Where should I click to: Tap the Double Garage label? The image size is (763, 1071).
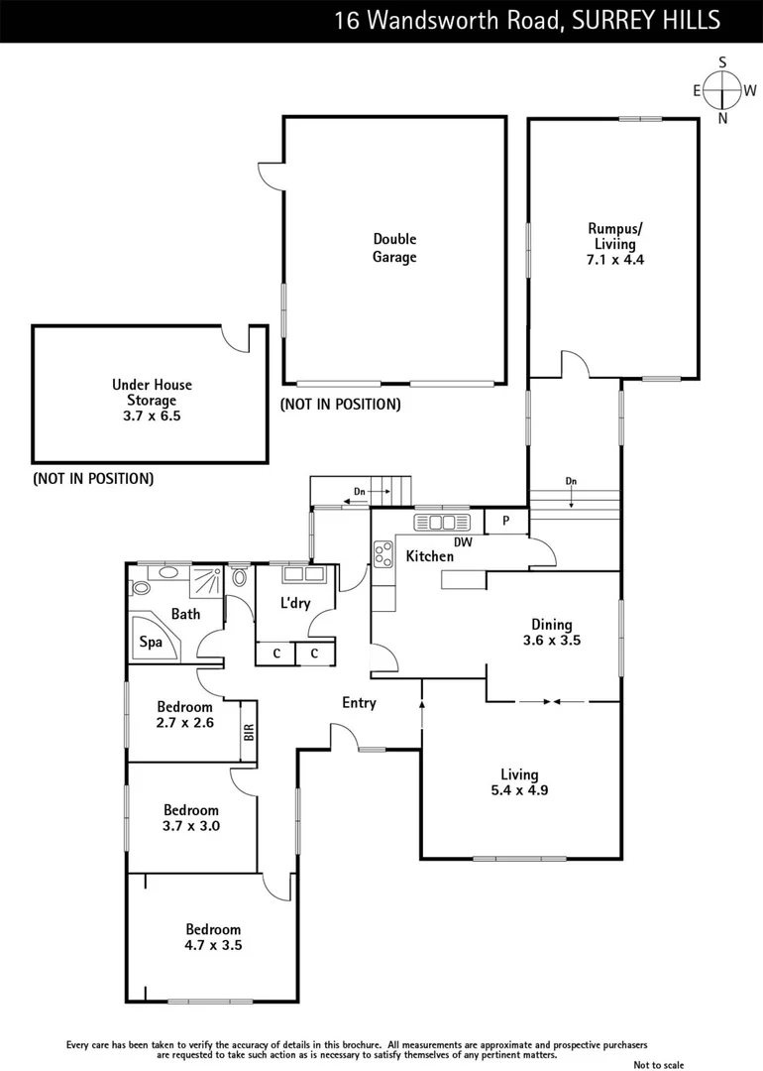click(394, 248)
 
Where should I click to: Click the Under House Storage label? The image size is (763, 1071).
click(152, 401)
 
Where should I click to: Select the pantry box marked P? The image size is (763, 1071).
click(505, 522)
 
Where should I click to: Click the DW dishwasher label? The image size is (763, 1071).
click(463, 542)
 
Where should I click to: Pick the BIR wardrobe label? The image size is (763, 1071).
click(249, 732)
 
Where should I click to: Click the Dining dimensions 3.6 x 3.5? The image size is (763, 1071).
click(552, 641)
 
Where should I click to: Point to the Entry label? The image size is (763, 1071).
click(359, 703)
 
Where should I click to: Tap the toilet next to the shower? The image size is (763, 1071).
click(239, 577)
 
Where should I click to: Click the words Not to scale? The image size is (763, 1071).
click(659, 1065)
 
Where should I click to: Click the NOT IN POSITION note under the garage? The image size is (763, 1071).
click(340, 405)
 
